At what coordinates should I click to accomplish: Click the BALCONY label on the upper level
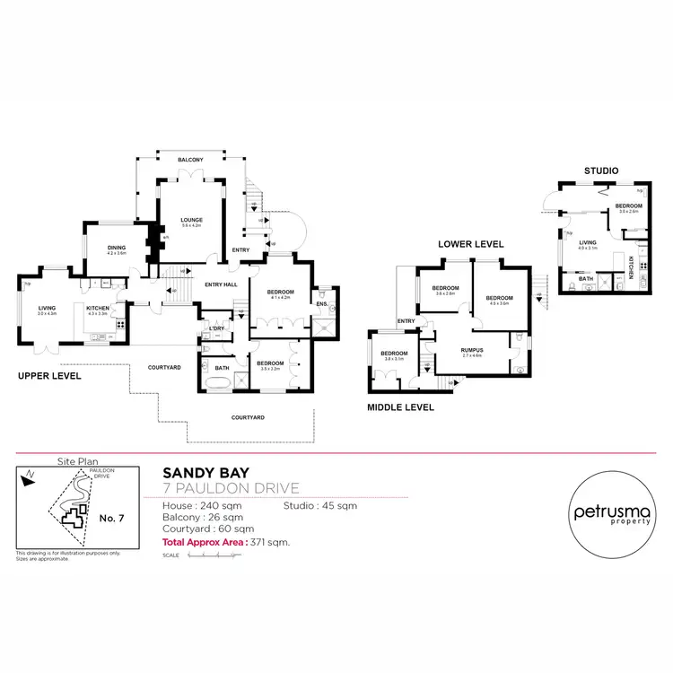tap(190, 160)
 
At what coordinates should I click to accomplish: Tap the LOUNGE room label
tap(190, 220)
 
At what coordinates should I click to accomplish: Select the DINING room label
tap(116, 249)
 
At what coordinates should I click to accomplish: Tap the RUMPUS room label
tap(471, 351)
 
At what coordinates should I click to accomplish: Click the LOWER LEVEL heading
tap(470, 244)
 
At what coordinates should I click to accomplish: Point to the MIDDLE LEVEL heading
tap(401, 407)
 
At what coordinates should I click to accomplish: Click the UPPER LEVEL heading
tap(49, 376)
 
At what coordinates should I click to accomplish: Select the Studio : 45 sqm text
tap(319, 506)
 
